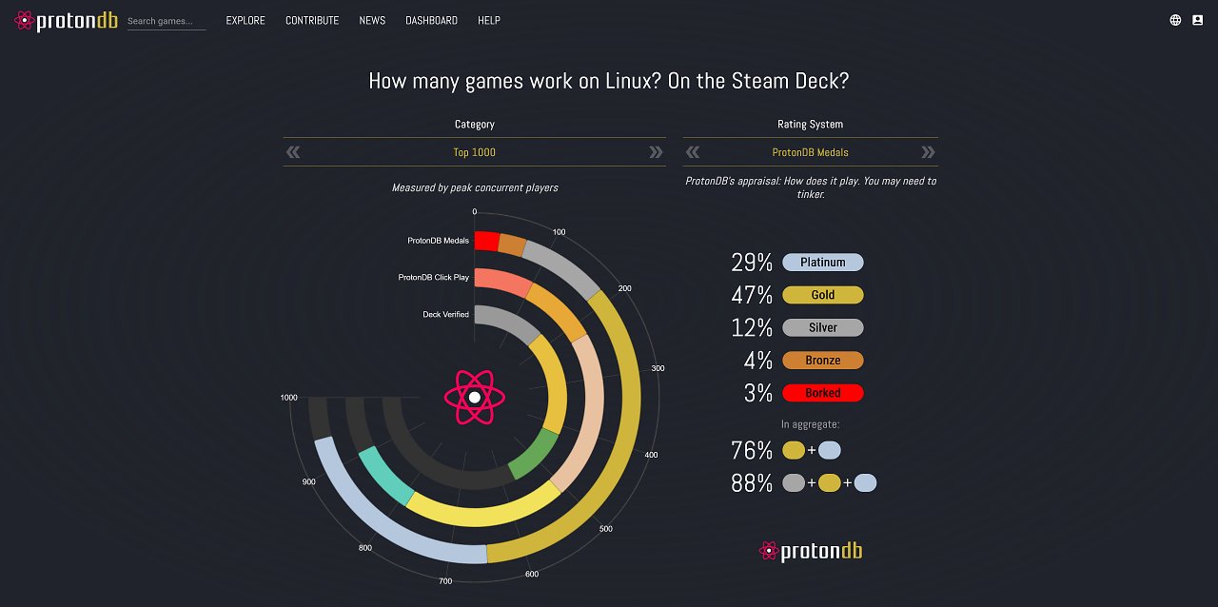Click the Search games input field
coord(167,21)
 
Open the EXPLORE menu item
coord(246,21)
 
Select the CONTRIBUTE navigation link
coord(312,21)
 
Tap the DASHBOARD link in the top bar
coord(431,21)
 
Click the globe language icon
coord(1175,20)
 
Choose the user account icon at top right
coord(1197,20)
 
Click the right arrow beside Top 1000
coord(656,152)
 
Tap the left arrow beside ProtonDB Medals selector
coord(692,152)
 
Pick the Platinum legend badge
coord(823,263)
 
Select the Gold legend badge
coord(823,295)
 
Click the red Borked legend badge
coord(823,393)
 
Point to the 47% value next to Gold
coord(752,295)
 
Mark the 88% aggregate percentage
coord(752,483)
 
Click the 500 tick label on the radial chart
coord(606,529)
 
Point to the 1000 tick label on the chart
coord(288,398)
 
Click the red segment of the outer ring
coord(486,241)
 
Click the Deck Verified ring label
coord(446,314)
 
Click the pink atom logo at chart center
coord(475,397)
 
